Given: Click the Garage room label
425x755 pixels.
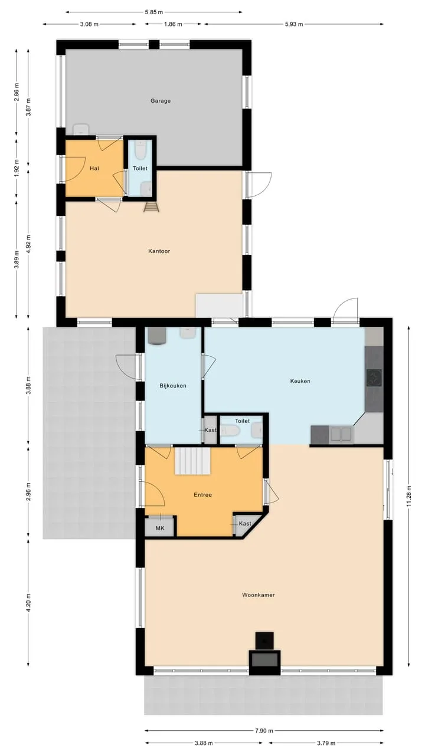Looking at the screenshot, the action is tap(160, 101).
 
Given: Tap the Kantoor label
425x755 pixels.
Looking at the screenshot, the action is tap(159, 251).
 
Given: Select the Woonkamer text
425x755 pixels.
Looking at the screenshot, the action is tap(259, 595).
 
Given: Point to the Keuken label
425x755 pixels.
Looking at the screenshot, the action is tap(300, 381).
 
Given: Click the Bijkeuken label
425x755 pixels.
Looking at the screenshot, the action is tap(173, 386).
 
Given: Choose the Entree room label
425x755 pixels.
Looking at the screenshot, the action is tap(202, 495).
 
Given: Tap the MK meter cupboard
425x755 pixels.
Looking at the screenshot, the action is tap(160, 528).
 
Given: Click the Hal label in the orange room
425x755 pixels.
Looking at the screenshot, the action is tap(94, 168).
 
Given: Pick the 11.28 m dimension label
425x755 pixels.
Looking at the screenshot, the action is tap(409, 496).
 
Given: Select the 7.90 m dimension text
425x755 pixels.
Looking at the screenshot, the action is tap(264, 731).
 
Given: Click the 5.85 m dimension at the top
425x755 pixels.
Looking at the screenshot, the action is tap(154, 12).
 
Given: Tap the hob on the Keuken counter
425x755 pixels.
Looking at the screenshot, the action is tap(374, 377).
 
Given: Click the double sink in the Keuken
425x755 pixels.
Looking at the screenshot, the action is tap(341, 434).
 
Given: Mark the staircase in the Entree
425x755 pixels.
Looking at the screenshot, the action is tap(192, 461).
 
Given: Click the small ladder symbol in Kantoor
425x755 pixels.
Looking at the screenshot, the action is tap(151, 207).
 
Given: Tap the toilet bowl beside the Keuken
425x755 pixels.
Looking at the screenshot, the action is tap(230, 431).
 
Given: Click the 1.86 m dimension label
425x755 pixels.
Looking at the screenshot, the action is tap(173, 24).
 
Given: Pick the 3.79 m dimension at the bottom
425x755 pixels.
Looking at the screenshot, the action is tap(326, 743).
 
